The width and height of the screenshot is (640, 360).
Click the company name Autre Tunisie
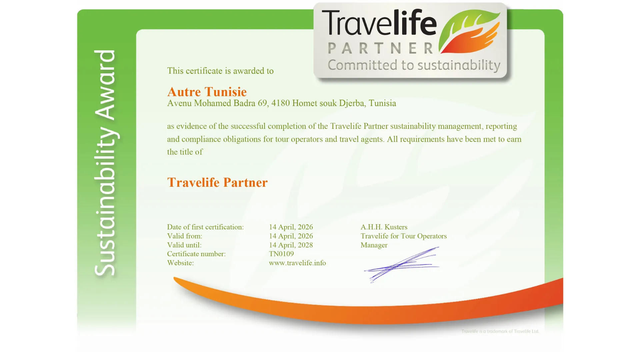pyautogui.click(x=207, y=92)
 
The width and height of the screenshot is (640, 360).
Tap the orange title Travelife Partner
pyautogui.click(x=217, y=182)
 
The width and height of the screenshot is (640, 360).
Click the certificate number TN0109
pyautogui.click(x=281, y=254)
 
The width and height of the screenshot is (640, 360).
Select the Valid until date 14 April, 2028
pyautogui.click(x=291, y=245)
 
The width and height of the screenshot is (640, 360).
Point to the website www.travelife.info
pyautogui.click(x=297, y=263)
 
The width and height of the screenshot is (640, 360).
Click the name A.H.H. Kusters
pyautogui.click(x=384, y=227)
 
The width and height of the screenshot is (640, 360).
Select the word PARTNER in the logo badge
pyautogui.click(x=380, y=49)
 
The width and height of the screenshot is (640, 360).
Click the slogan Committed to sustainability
pyautogui.click(x=414, y=65)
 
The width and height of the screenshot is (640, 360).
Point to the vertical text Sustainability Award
pyautogui.click(x=105, y=163)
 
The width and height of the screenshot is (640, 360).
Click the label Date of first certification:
pyautogui.click(x=205, y=227)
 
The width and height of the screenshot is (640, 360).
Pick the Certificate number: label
pyautogui.click(x=196, y=254)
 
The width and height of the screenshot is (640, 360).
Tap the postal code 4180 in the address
pyautogui.click(x=280, y=103)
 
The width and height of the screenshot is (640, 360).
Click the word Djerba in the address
pyautogui.click(x=351, y=103)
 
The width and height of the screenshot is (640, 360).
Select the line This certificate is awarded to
pyautogui.click(x=220, y=71)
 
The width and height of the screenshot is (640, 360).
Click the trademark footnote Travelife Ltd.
pyautogui.click(x=500, y=331)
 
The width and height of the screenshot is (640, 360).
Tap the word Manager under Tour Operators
pyautogui.click(x=374, y=245)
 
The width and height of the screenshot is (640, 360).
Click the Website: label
pyautogui.click(x=180, y=263)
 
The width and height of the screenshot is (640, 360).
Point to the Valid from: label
pyautogui.click(x=184, y=236)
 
